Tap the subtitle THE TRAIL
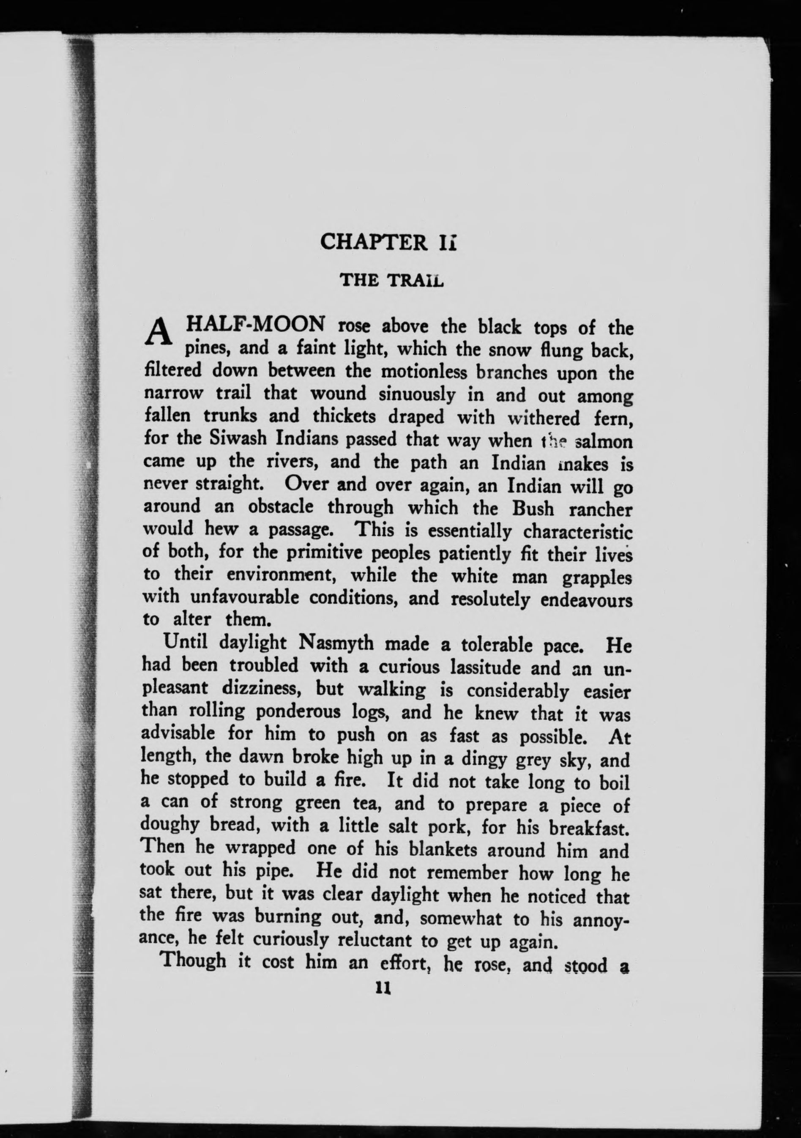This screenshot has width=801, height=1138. point(391,281)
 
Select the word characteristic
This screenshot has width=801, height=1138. point(578,532)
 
